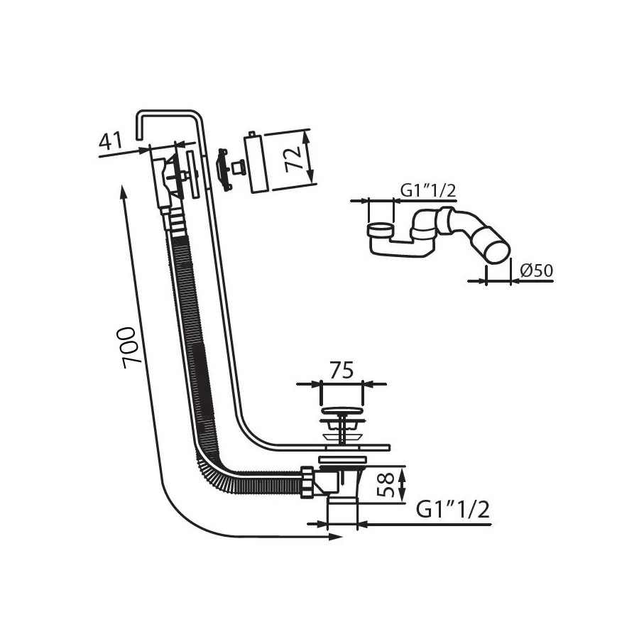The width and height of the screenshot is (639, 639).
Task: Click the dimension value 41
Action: pyautogui.click(x=111, y=141)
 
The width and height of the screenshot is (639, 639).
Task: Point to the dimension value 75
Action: pyautogui.click(x=342, y=371)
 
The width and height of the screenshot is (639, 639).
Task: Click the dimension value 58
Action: pyautogui.click(x=386, y=484)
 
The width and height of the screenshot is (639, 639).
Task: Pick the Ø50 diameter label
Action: pyautogui.click(x=537, y=271)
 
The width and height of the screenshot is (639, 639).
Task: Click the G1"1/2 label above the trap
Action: pyautogui.click(x=428, y=190)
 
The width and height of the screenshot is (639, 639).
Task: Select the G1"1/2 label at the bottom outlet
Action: pyautogui.click(x=452, y=509)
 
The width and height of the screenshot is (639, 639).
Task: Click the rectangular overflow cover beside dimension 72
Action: pyautogui.click(x=256, y=162)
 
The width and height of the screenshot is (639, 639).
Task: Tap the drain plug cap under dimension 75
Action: pyautogui.click(x=342, y=412)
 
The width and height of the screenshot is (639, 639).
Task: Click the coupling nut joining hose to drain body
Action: pyautogui.click(x=307, y=483)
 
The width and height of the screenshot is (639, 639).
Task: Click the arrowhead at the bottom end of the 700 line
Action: pyautogui.click(x=336, y=537)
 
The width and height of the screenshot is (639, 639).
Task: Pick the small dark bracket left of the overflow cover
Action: pyautogui.click(x=222, y=170)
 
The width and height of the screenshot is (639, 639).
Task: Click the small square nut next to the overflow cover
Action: pyautogui.click(x=237, y=168)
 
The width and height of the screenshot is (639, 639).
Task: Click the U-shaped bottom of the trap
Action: pyautogui.click(x=399, y=248)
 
